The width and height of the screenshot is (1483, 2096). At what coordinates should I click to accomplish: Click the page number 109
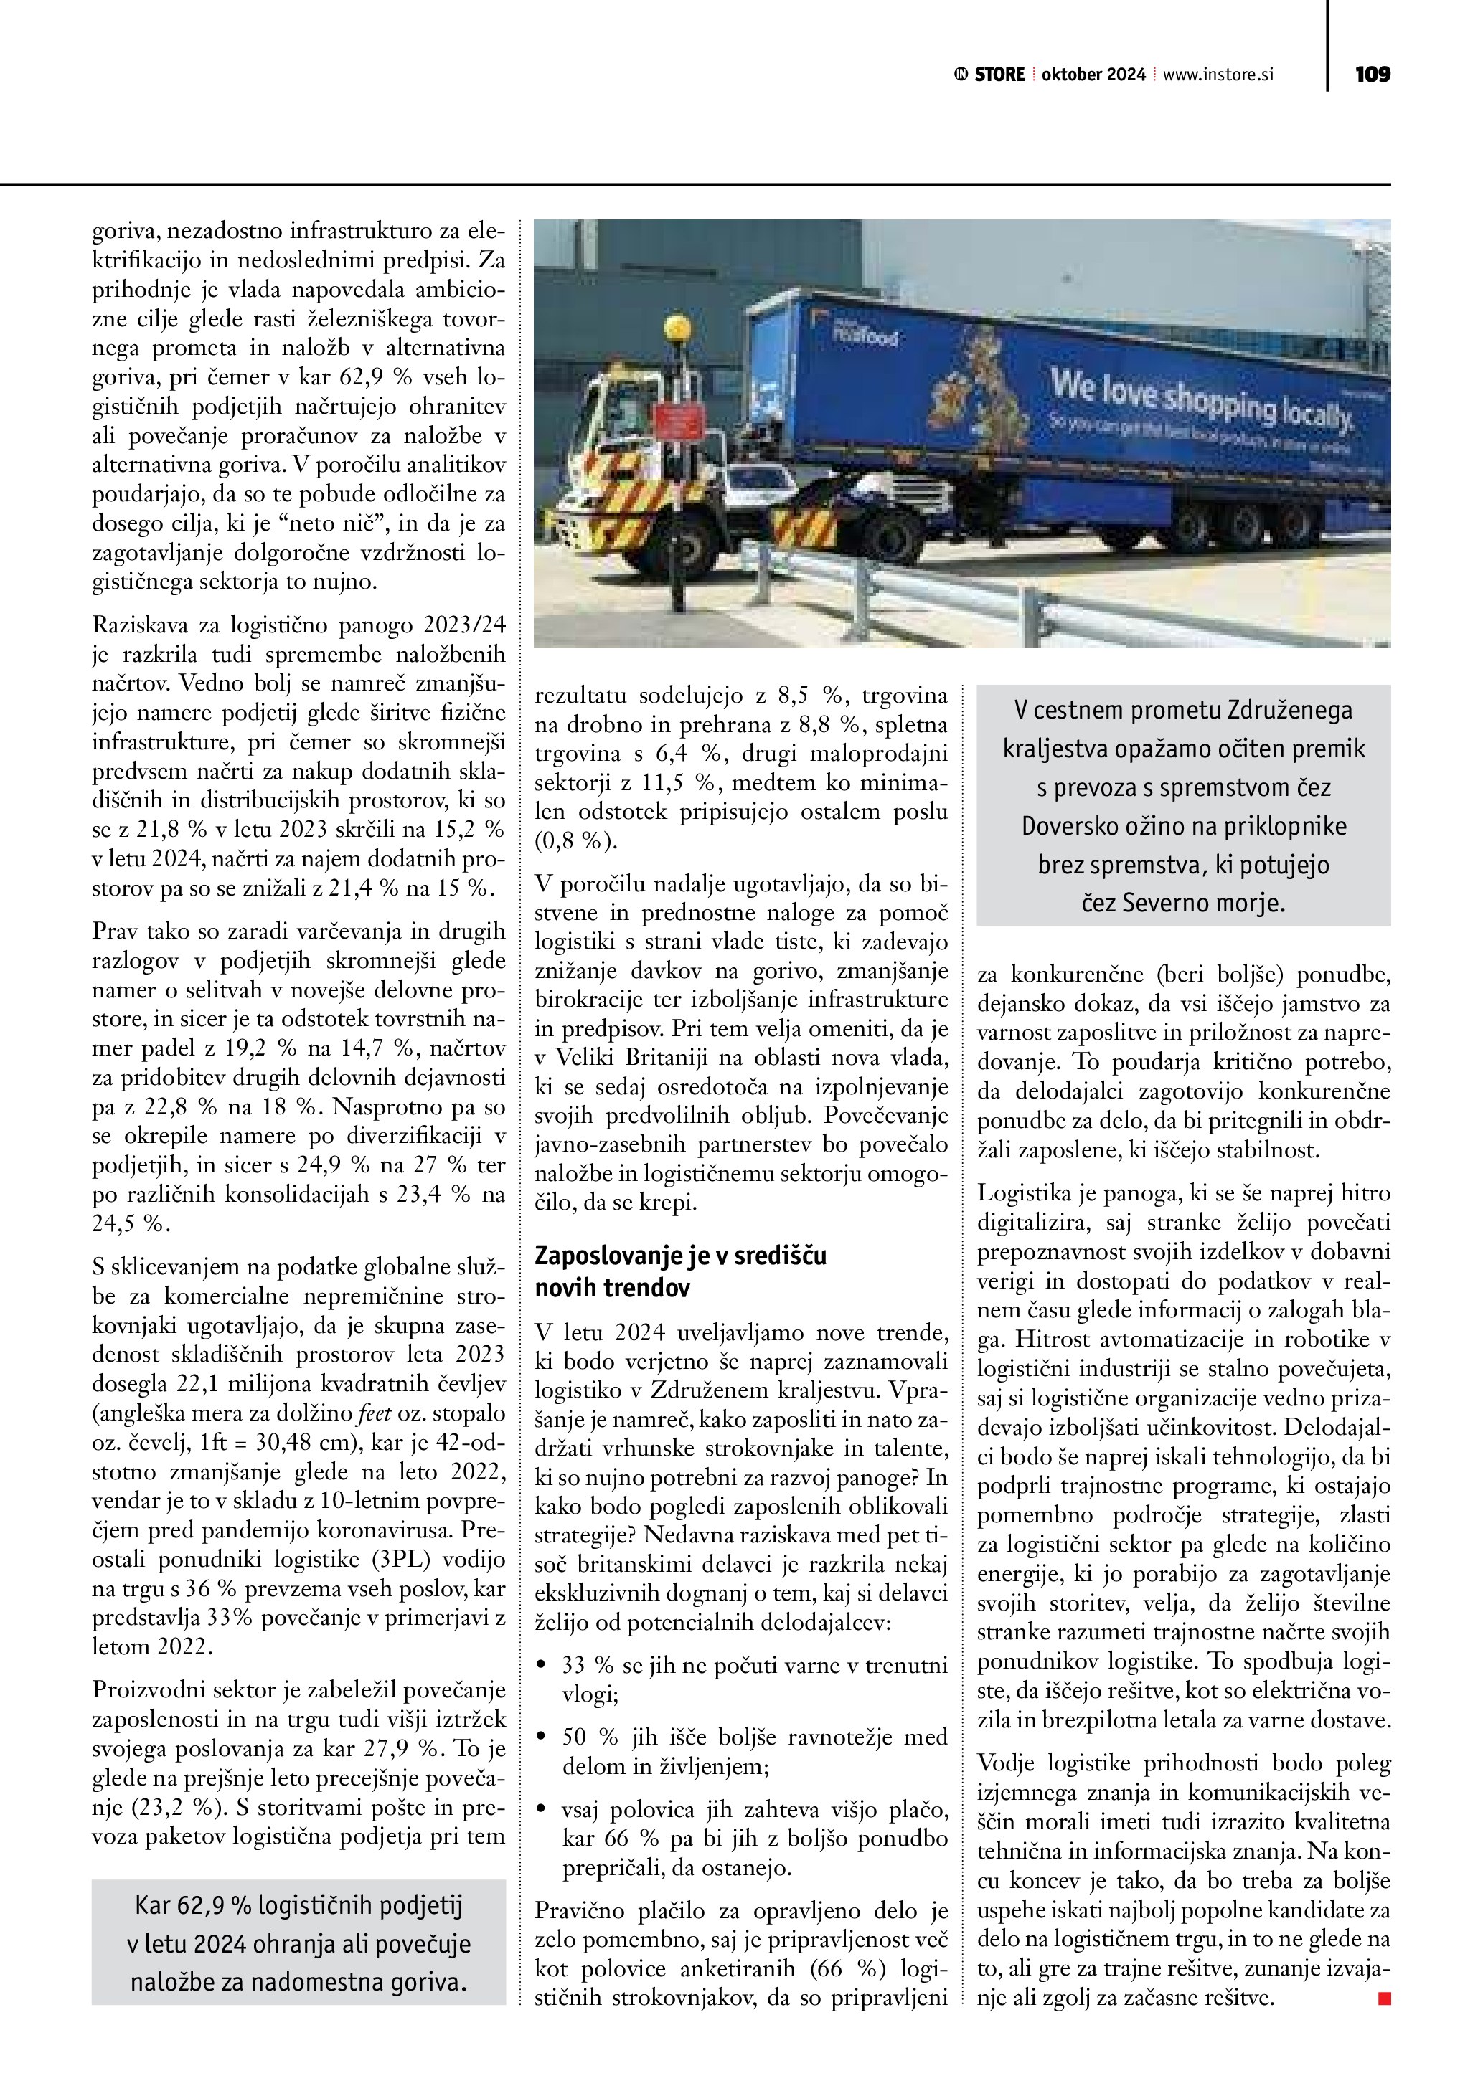coord(1372,75)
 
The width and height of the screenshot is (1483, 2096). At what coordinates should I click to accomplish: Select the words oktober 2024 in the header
coord(1093,75)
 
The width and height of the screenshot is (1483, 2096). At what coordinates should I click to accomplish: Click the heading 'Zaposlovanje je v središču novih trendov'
coord(680,1271)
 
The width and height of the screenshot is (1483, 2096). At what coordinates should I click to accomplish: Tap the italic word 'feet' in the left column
coord(374,1413)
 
